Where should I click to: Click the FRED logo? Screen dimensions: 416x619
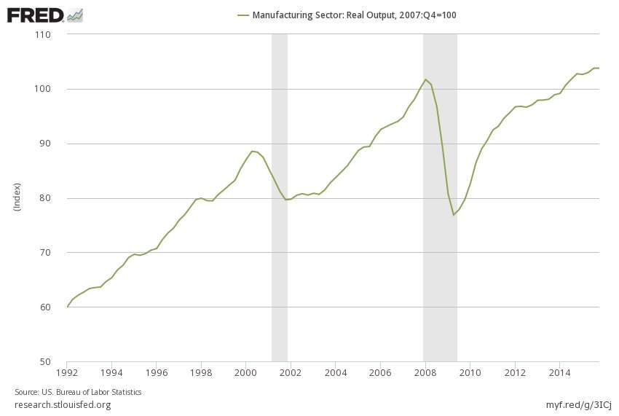[x=44, y=14]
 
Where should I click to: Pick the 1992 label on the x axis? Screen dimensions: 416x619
[x=67, y=372]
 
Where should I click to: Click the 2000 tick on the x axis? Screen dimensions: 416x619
[x=246, y=372]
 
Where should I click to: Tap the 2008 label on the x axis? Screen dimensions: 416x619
[x=425, y=372]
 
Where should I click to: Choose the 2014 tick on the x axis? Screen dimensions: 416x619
[x=559, y=372]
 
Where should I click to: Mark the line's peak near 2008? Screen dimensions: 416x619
[x=425, y=79]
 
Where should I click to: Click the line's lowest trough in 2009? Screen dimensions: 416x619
[x=453, y=215]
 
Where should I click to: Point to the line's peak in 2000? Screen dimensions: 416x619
[x=252, y=151]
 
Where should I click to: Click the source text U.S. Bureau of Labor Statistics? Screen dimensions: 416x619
[x=78, y=392]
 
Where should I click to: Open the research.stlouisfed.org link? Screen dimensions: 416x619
[x=63, y=405]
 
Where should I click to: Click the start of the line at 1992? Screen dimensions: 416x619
[x=67, y=307]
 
